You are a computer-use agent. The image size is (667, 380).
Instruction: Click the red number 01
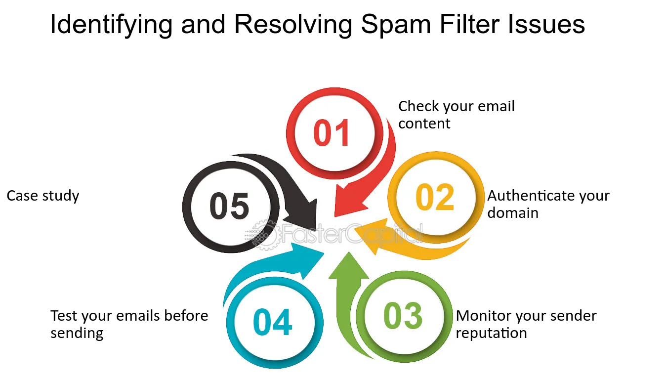click(332, 132)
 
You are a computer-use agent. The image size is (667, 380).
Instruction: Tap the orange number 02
click(435, 197)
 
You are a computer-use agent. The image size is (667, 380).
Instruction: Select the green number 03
click(403, 316)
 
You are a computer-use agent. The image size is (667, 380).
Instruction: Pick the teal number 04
click(273, 322)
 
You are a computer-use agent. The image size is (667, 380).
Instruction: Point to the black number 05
click(229, 206)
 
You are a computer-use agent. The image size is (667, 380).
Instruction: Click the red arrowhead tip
click(335, 216)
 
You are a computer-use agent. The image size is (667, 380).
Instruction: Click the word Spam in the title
click(396, 24)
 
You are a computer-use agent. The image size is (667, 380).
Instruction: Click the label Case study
click(43, 196)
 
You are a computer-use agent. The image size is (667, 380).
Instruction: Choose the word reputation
click(491, 333)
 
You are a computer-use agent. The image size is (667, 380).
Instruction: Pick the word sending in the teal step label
click(77, 333)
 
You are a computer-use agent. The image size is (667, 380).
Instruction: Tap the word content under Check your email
click(424, 124)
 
